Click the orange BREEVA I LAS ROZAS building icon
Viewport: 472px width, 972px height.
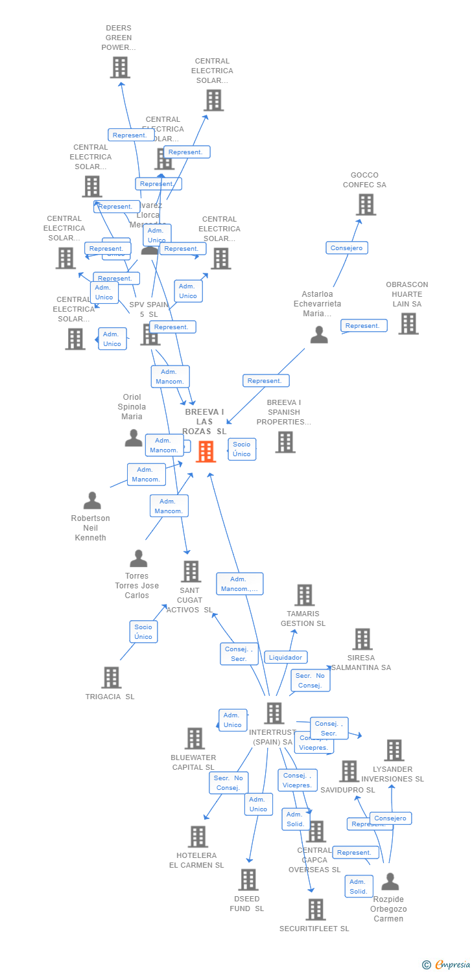tap(206, 451)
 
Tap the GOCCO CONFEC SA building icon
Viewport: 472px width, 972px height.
tap(366, 204)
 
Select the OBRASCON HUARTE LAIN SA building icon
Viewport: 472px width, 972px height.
tap(408, 323)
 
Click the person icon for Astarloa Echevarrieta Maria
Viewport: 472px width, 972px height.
tap(319, 334)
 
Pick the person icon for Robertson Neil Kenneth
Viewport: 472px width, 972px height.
tap(92, 500)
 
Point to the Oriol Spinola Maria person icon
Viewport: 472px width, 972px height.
tap(134, 438)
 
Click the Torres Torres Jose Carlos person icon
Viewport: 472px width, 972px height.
tap(138, 558)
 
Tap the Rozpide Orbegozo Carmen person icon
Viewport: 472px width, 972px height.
tap(390, 881)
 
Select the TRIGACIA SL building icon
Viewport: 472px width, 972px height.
tap(112, 677)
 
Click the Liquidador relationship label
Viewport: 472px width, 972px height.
tap(285, 657)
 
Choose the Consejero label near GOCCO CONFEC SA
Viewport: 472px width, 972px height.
tap(347, 248)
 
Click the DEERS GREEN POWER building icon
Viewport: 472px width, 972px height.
tap(120, 67)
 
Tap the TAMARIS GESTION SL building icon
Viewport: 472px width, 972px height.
tap(305, 595)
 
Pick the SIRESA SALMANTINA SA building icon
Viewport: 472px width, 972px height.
tap(362, 639)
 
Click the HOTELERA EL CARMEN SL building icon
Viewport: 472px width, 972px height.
tap(198, 837)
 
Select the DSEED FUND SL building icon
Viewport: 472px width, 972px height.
tap(249, 879)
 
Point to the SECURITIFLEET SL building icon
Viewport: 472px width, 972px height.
tap(316, 909)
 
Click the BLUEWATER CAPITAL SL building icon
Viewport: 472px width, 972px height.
tap(195, 738)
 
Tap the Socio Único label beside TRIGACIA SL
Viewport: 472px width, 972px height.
tap(143, 632)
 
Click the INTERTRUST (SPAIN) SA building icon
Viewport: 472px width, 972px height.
tap(274, 713)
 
